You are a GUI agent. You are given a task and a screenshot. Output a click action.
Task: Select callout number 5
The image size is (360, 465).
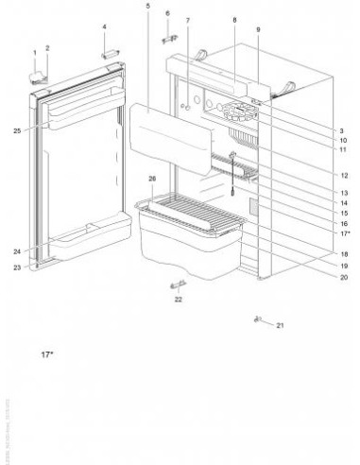tap(148, 7)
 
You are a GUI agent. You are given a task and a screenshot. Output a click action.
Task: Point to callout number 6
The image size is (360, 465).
tap(167, 13)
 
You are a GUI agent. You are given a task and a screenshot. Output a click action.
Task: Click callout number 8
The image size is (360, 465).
tap(232, 20)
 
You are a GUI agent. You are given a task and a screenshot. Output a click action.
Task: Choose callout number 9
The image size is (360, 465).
tap(257, 30)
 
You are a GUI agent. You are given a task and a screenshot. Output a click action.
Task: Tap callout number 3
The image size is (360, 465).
tap(341, 129)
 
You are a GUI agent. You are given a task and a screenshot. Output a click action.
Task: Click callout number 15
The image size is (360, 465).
tap(341, 213)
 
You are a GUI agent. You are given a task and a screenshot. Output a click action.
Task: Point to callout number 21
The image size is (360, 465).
tap(280, 326)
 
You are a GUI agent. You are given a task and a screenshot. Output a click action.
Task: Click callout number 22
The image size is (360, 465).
tap(177, 301)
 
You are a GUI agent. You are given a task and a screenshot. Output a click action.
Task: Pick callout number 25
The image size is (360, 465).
tap(17, 129)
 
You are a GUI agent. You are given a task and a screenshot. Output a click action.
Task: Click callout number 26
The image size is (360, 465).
tap(151, 178)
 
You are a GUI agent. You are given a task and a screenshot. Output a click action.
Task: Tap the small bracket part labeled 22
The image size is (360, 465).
tap(177, 284)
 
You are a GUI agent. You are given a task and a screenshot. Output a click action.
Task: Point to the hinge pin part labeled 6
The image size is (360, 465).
tap(168, 37)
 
